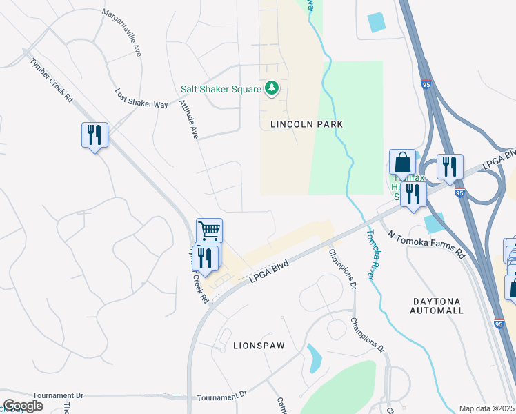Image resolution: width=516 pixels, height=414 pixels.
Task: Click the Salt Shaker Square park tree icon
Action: point(272,89)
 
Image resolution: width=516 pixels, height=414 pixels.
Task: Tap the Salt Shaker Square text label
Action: point(220,89)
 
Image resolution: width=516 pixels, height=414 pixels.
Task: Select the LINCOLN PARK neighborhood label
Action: point(306,124)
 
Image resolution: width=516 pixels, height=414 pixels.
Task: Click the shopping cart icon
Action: point(209,230)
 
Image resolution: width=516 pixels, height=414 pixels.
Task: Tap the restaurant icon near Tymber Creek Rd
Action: point(93,135)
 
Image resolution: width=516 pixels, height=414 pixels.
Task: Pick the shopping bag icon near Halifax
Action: point(402,163)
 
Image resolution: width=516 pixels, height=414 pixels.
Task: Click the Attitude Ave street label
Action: point(188,119)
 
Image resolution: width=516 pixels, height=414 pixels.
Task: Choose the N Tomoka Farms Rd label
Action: point(426,244)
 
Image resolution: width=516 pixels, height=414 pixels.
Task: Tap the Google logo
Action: point(23,406)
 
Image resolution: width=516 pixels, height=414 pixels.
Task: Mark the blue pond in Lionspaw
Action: point(314,357)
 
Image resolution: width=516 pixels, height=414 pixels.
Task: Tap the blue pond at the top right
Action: point(377,23)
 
